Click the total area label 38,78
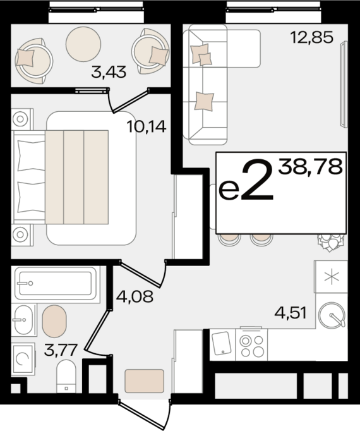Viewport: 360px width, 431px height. (x=310, y=167)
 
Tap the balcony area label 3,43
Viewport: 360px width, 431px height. (x=109, y=72)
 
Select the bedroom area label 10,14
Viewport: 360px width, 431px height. (x=147, y=127)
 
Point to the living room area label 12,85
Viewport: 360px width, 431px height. (x=312, y=37)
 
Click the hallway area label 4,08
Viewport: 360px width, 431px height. (x=135, y=296)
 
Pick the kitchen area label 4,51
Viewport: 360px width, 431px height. (x=291, y=313)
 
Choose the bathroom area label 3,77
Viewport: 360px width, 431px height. (x=60, y=350)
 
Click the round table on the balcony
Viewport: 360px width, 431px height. (x=83, y=44)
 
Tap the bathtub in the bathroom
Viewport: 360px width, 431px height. (x=56, y=283)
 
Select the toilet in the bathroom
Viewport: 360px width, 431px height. (x=66, y=377)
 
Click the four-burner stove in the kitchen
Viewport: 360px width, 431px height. (x=251, y=344)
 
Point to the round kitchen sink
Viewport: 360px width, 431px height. (x=332, y=315)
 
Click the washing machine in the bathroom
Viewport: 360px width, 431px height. (x=23, y=359)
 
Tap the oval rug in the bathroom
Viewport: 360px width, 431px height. (x=54, y=321)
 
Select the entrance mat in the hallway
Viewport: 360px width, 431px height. (x=145, y=381)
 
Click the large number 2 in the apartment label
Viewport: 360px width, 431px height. (x=257, y=180)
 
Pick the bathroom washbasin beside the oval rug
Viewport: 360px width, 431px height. (x=24, y=320)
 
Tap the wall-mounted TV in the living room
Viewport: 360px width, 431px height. (x=344, y=85)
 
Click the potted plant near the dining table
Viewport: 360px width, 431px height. (x=331, y=243)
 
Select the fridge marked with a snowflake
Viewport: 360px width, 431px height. (x=331, y=277)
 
